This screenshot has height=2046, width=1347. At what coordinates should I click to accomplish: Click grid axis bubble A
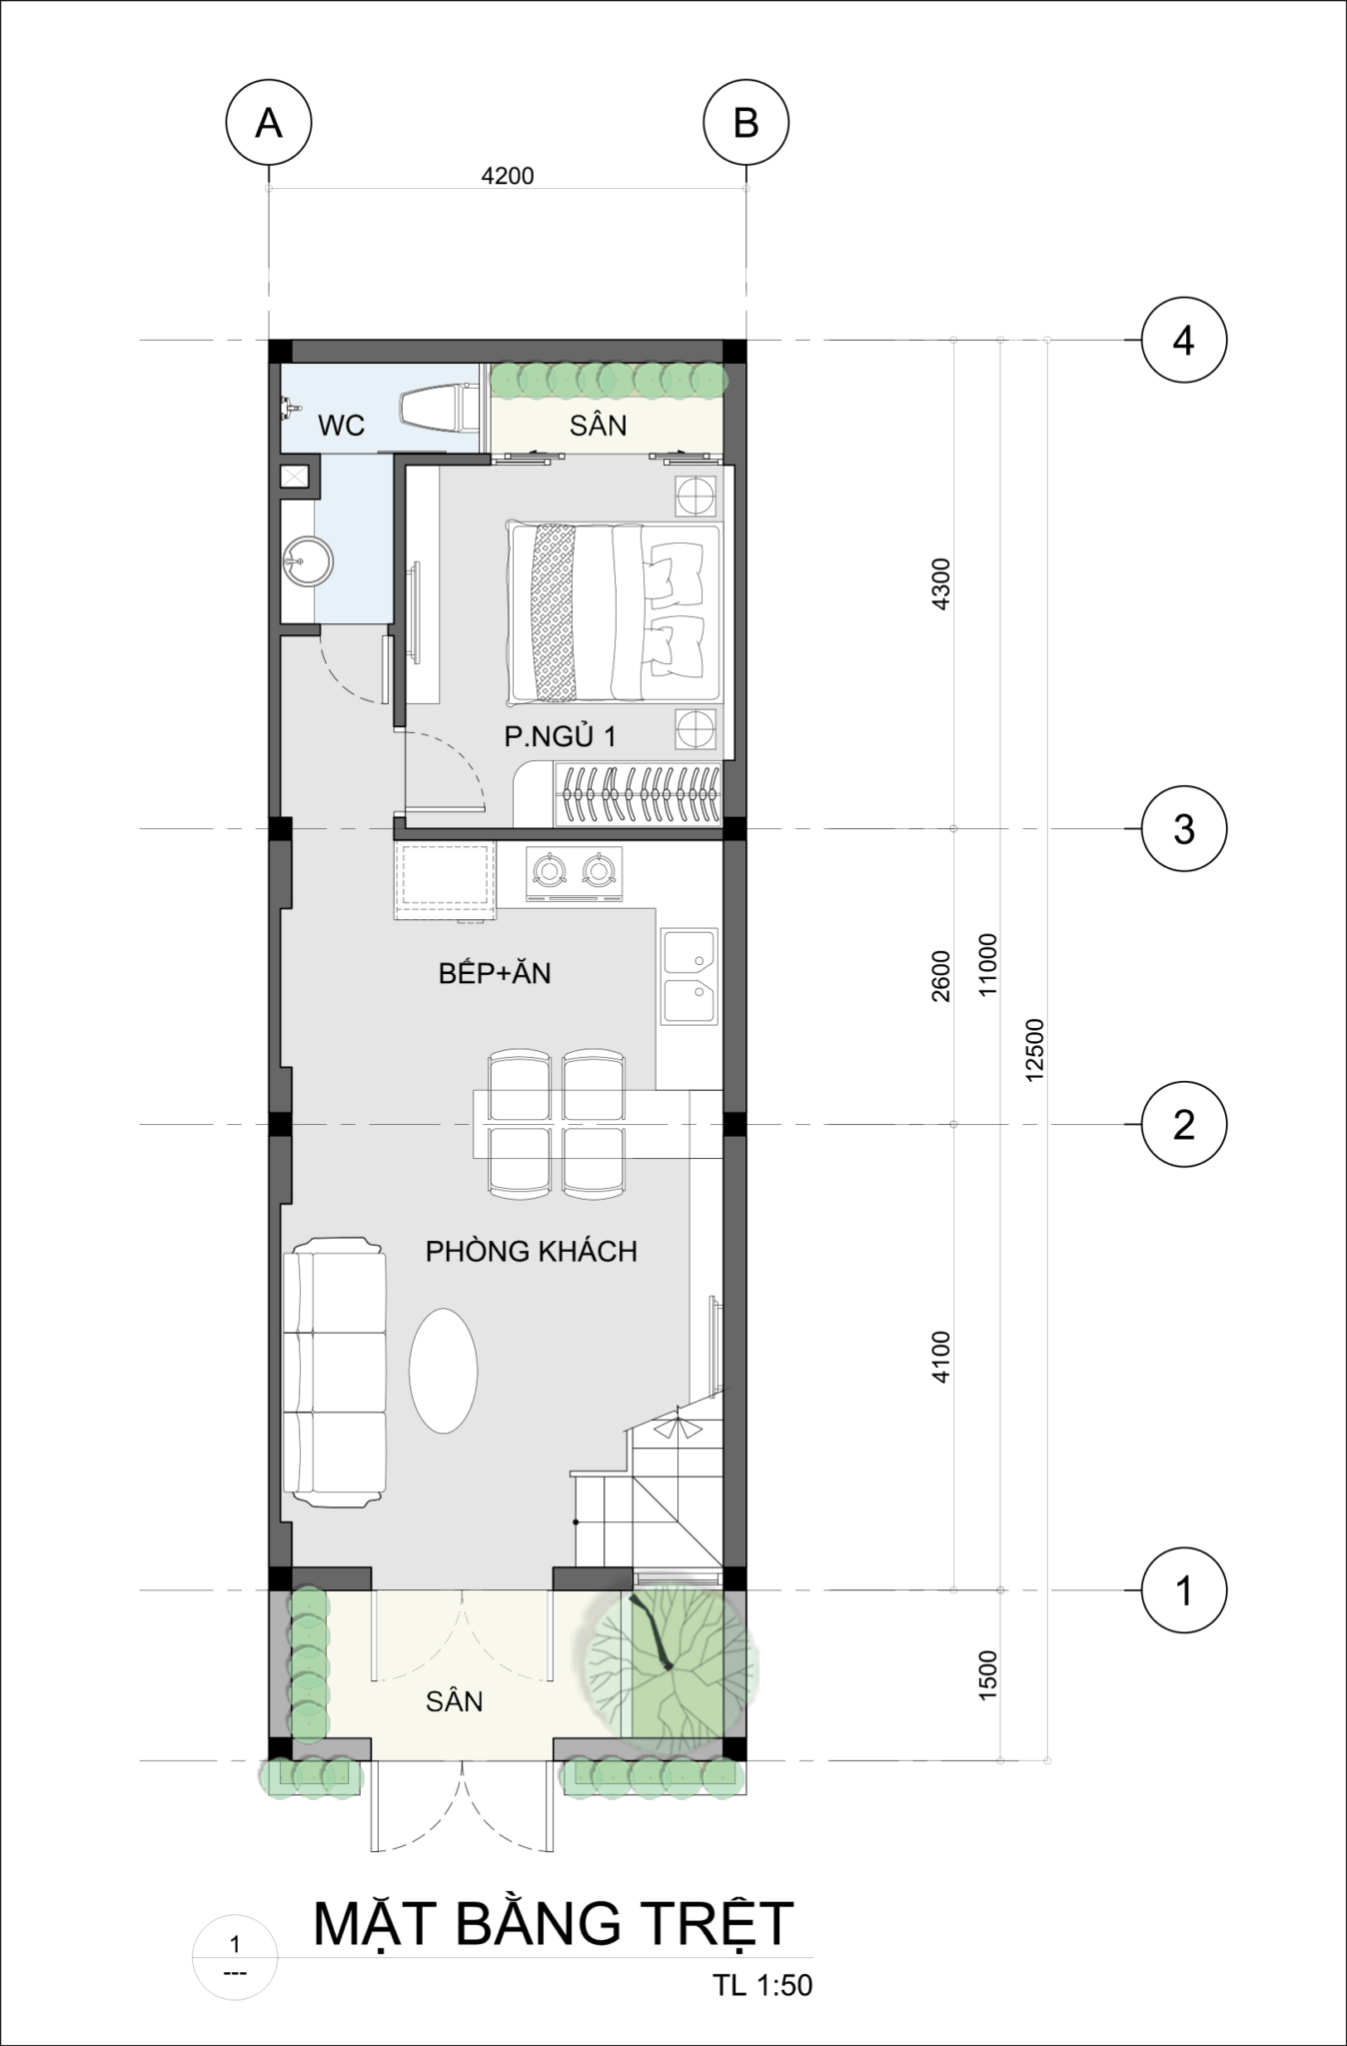point(268,124)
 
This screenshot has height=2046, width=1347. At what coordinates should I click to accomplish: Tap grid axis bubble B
point(745,124)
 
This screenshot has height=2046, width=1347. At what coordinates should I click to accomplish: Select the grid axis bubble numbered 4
point(1183,341)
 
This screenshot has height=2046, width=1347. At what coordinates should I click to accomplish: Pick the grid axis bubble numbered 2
point(1183,1125)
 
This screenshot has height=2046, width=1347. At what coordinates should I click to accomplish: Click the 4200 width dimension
point(508,177)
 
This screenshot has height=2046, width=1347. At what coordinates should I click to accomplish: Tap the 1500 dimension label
point(987,1675)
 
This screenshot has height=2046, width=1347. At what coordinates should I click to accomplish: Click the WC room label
point(342,426)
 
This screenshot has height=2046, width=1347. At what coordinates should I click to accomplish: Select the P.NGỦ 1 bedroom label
point(560,737)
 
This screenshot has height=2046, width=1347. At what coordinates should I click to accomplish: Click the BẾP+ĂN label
point(495,973)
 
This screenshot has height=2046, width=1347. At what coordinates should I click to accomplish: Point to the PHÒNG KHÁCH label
point(531,1251)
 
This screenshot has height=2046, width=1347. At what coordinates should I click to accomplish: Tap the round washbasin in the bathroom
point(306,562)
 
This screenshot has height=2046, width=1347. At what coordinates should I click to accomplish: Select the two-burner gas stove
point(573,874)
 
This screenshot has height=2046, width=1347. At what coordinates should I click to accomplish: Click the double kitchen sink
point(688,977)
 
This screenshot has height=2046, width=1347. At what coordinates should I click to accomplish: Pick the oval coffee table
point(444,1371)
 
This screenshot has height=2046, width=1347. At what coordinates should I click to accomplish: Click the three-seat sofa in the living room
point(334,1372)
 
